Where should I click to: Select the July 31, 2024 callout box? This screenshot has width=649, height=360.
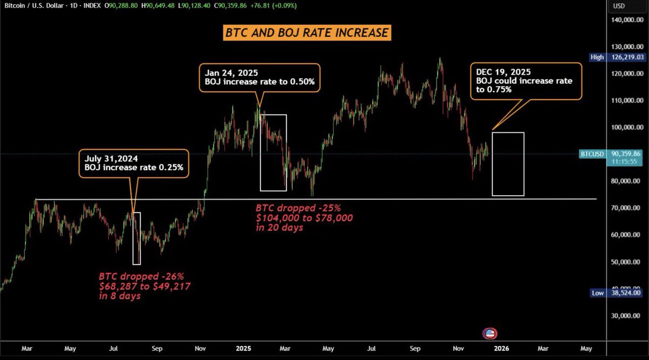pos(134,163)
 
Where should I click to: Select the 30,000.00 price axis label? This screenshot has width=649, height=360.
pos(626,316)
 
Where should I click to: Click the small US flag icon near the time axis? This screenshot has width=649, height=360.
pos(491,334)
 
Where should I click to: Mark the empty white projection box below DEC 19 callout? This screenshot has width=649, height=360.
pos(508,164)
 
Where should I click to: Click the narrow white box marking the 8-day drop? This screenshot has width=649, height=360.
pos(136,238)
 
